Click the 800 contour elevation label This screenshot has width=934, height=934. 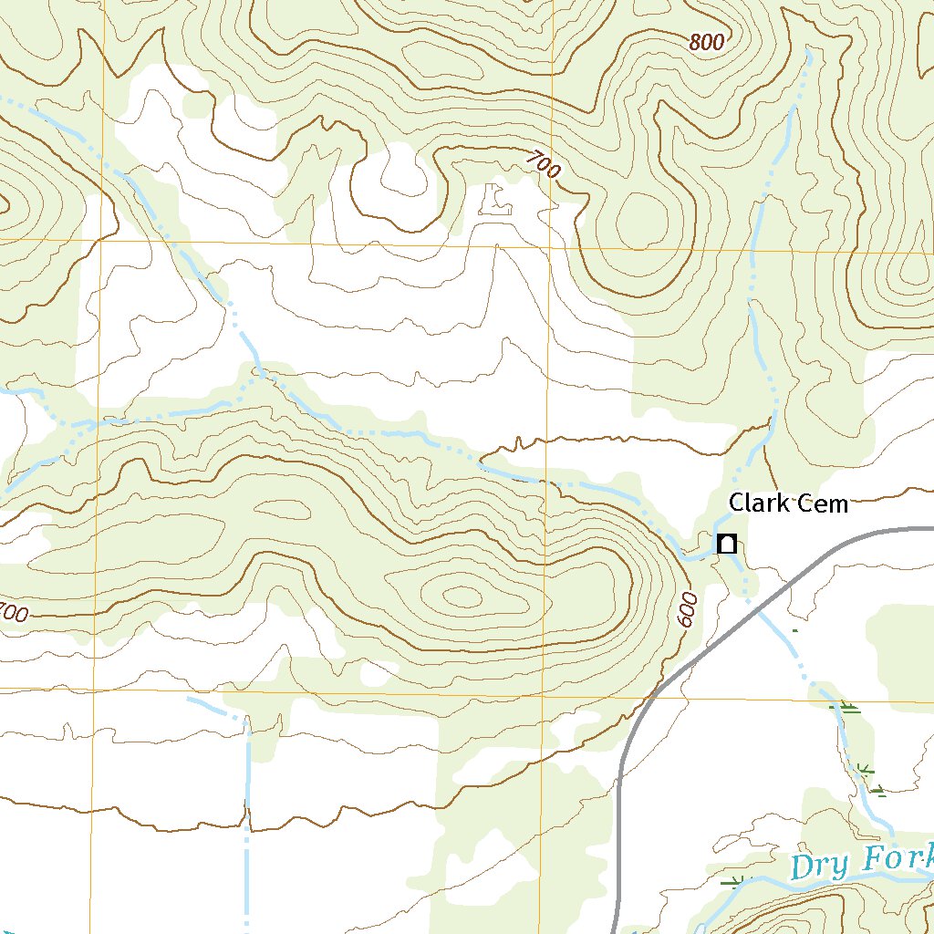(x=707, y=42)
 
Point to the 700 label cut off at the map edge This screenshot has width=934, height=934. (x=13, y=613)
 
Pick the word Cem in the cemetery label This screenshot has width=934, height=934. (x=823, y=503)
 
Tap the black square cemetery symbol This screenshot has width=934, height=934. (x=727, y=544)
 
